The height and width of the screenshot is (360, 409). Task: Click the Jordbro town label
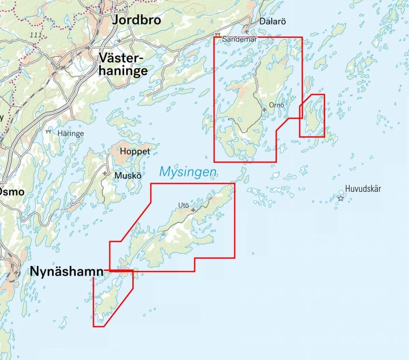(136, 20)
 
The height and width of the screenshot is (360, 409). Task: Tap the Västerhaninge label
(124, 64)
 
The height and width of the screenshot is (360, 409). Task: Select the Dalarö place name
(271, 21)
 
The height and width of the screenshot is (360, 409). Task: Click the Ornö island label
(276, 105)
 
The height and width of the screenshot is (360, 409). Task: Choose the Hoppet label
(134, 151)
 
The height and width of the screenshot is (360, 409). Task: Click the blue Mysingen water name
(188, 172)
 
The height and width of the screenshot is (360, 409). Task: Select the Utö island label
(184, 206)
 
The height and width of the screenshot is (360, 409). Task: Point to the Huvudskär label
(363, 189)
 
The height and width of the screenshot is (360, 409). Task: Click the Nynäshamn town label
(66, 271)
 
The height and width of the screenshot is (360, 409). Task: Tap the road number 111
(35, 35)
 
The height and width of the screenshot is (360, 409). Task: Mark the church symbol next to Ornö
(264, 109)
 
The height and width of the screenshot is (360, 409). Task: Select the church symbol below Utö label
(193, 210)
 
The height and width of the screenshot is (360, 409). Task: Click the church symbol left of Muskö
(105, 174)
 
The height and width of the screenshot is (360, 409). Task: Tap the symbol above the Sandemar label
(218, 35)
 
